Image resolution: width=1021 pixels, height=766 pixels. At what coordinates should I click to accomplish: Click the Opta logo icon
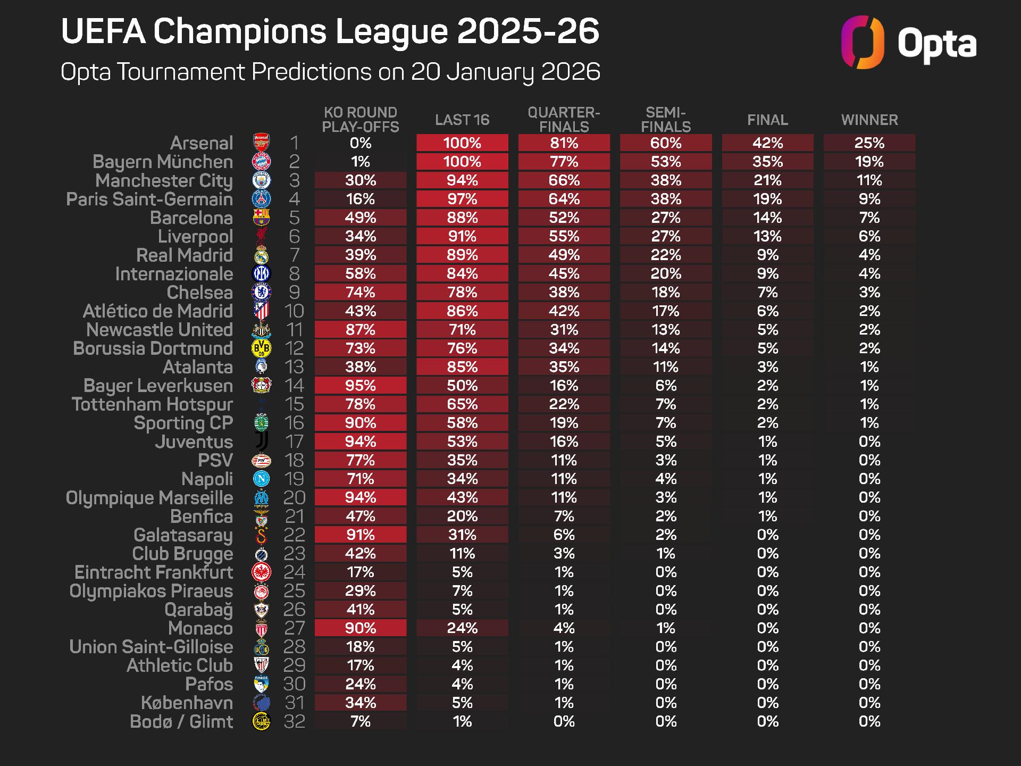(x=862, y=43)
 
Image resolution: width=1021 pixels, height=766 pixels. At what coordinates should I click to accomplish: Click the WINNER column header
(x=869, y=120)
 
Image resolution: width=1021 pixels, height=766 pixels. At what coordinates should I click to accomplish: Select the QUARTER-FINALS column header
(x=564, y=120)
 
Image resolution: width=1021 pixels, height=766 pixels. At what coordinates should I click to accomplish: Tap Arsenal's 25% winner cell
(x=869, y=143)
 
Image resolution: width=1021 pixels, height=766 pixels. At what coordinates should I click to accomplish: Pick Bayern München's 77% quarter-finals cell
(x=564, y=162)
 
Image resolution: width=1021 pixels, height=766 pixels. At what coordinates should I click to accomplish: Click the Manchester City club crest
(x=261, y=180)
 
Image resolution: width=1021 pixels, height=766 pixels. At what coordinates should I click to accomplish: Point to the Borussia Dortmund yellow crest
(x=261, y=348)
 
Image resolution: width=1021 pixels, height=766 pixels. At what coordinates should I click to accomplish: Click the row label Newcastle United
(x=160, y=330)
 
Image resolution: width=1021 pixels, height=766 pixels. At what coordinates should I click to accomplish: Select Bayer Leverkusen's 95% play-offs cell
(x=361, y=386)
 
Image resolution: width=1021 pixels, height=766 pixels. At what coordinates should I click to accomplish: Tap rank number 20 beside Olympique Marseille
(x=294, y=498)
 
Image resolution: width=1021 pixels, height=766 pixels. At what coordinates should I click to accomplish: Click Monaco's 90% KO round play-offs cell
(x=361, y=628)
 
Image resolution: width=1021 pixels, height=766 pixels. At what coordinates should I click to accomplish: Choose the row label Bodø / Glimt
(x=181, y=722)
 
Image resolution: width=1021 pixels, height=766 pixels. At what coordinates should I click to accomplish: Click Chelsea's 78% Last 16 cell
(x=462, y=293)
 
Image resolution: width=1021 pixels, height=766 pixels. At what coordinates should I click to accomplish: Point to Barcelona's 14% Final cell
(x=767, y=218)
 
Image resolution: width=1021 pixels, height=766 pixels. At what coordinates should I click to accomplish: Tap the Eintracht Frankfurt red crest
(x=261, y=572)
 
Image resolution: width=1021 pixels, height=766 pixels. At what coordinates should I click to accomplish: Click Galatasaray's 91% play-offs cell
(x=361, y=535)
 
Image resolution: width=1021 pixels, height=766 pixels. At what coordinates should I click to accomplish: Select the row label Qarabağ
(x=198, y=610)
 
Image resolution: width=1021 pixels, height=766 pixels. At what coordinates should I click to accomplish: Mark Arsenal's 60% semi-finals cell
(x=666, y=143)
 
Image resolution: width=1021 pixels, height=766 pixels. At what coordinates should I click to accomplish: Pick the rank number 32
(x=294, y=722)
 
